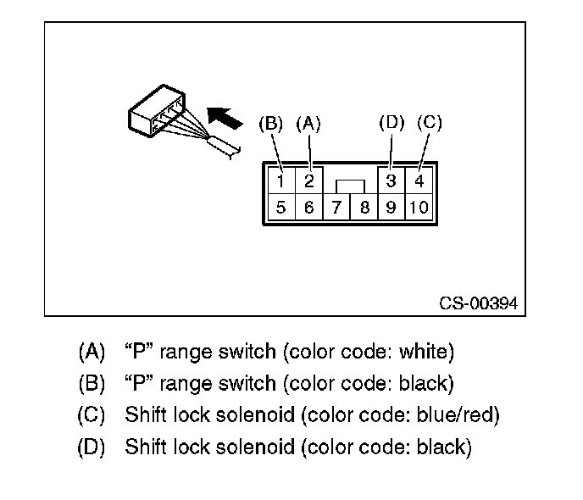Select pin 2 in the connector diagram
pyautogui.click(x=308, y=181)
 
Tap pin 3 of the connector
pyautogui.click(x=391, y=181)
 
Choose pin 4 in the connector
pyautogui.click(x=419, y=181)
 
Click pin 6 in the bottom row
pyautogui.click(x=308, y=208)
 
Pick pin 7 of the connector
pyautogui.click(x=336, y=208)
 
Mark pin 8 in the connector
pyautogui.click(x=364, y=208)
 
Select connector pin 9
pyautogui.click(x=391, y=208)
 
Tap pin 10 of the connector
pyautogui.click(x=419, y=208)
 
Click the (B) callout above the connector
pyautogui.click(x=270, y=124)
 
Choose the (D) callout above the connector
pyautogui.click(x=391, y=122)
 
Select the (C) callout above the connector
pyautogui.click(x=429, y=122)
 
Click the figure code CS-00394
pyautogui.click(x=478, y=303)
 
